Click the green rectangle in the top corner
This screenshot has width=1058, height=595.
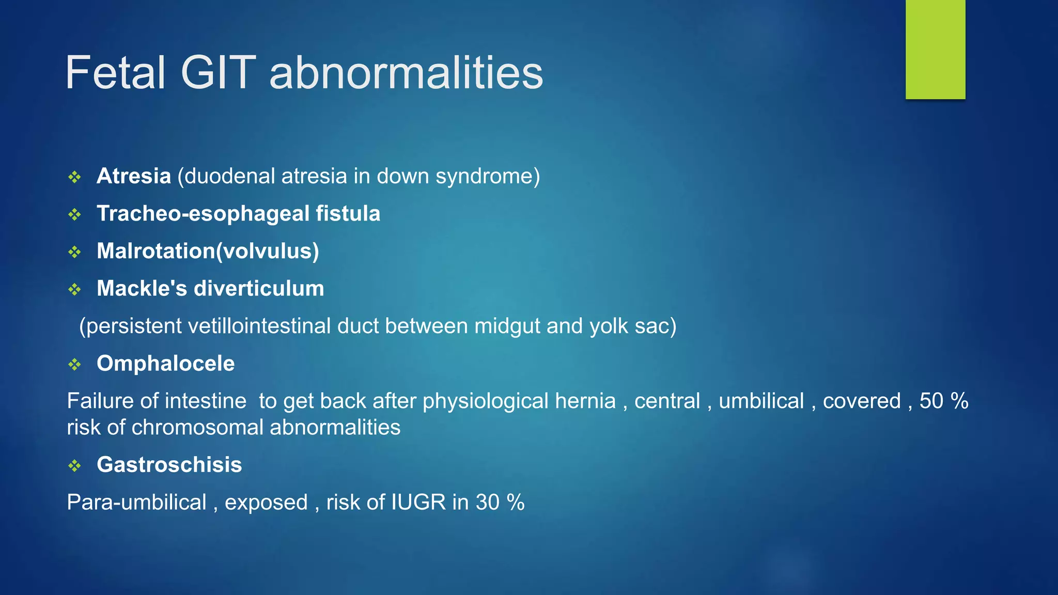[x=935, y=49]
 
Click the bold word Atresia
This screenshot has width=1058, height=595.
[x=134, y=176]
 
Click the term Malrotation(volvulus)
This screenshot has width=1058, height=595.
[x=208, y=251]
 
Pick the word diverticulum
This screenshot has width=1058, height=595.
[x=259, y=288]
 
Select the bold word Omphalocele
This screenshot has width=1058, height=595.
[x=165, y=363]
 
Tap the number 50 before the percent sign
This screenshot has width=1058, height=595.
[x=931, y=401]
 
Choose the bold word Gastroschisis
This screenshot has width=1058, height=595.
[x=169, y=464]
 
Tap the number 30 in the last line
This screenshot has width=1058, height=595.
[x=487, y=502]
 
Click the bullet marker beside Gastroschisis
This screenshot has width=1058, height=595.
[x=75, y=466]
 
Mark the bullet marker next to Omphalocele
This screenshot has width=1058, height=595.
[x=75, y=365]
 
